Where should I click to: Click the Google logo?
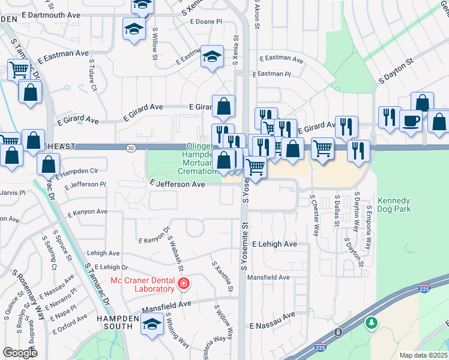[x=20, y=353]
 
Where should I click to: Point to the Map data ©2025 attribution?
[x=423, y=355]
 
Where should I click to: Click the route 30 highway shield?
[x=130, y=148]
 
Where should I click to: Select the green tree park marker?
[x=372, y=323]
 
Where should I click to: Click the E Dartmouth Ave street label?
[x=50, y=14]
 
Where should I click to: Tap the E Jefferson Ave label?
[x=178, y=184]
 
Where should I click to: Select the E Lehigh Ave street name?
[x=274, y=244]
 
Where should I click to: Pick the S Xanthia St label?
[x=222, y=277]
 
